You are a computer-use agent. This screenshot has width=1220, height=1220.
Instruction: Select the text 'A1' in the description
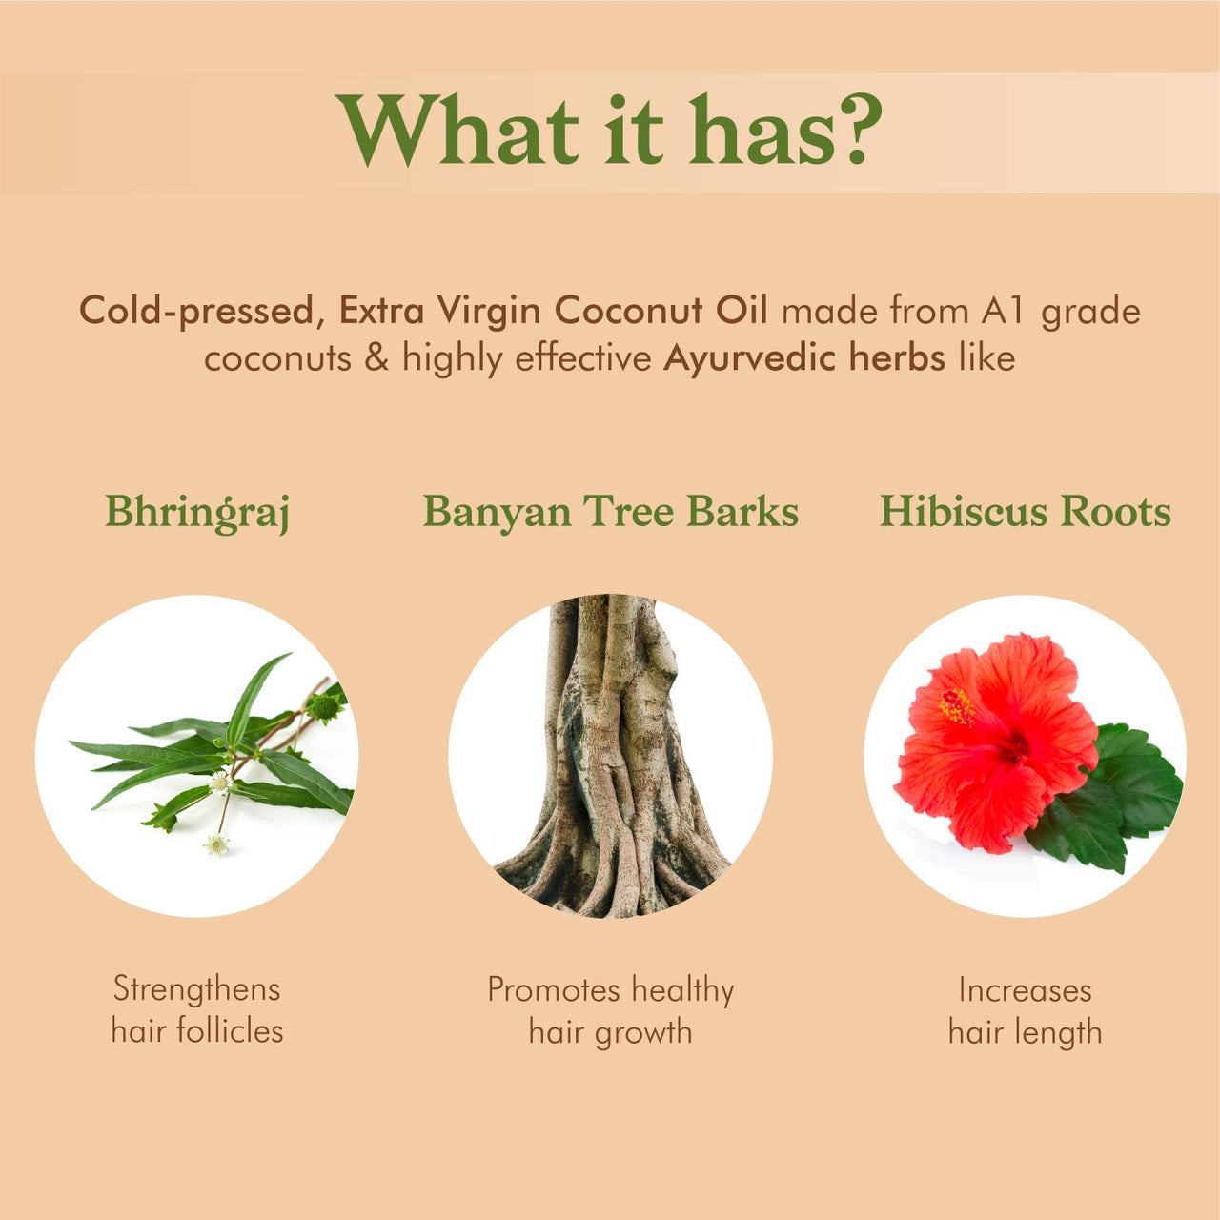(x=1002, y=311)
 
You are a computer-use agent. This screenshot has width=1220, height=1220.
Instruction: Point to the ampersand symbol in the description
(x=376, y=357)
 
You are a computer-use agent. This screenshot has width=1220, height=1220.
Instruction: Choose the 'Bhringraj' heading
(x=197, y=513)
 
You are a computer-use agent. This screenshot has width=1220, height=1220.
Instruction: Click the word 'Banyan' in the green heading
(x=497, y=513)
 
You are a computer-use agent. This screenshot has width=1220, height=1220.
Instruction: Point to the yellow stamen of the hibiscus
(x=957, y=706)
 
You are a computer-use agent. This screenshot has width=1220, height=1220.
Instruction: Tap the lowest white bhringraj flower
(x=217, y=844)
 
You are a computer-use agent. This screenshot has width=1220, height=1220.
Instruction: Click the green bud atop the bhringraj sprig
(x=324, y=707)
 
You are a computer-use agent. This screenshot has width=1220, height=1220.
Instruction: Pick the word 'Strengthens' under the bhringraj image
(x=197, y=989)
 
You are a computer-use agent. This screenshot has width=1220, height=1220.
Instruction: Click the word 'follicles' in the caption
(x=230, y=1031)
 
